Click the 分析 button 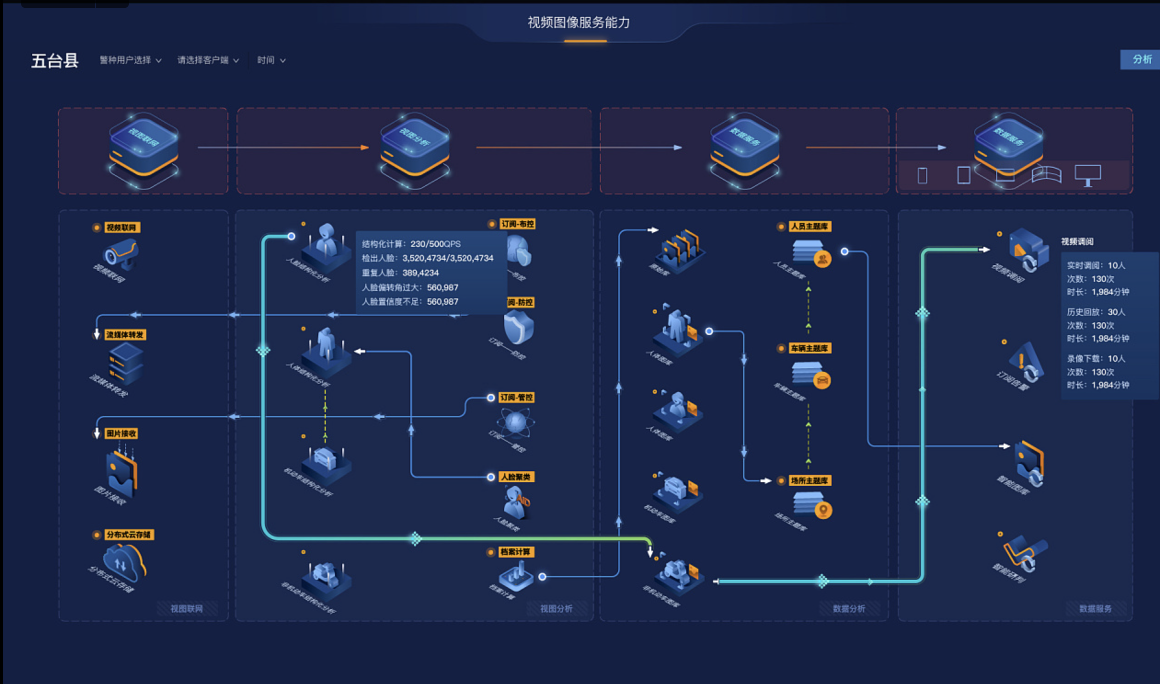tap(1142, 59)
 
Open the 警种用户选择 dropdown tap(131, 60)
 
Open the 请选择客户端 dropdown tap(208, 60)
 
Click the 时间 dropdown tap(271, 60)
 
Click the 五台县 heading tap(55, 61)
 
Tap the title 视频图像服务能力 tap(579, 23)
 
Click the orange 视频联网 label tap(122, 228)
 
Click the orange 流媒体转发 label tap(125, 335)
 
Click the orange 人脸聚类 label tap(516, 477)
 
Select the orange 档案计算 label tap(516, 552)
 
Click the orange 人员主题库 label tap(810, 226)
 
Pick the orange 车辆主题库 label tap(810, 348)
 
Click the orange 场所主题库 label tap(810, 481)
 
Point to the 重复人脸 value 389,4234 tap(420, 273)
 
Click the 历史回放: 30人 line tap(1096, 312)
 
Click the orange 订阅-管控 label tap(517, 397)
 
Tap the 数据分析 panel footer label tap(849, 609)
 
